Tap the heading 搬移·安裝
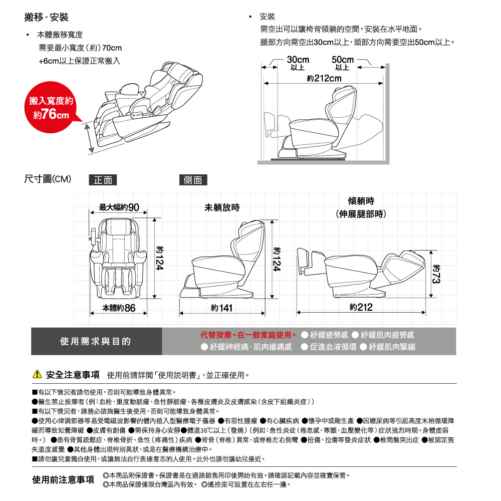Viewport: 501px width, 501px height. tap(47, 18)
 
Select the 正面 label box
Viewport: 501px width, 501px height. tap(103, 180)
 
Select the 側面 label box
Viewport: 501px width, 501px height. tap(193, 180)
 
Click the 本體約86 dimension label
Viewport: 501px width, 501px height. tap(119, 307)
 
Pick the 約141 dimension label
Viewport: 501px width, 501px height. tap(221, 307)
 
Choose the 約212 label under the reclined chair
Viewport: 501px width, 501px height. tap(361, 307)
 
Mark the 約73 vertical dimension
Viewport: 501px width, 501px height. tap(436, 274)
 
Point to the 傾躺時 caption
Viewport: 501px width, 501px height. tap(361, 201)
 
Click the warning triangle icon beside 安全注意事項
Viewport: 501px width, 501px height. tap(37, 375)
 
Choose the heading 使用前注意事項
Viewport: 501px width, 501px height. tap(64, 480)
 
